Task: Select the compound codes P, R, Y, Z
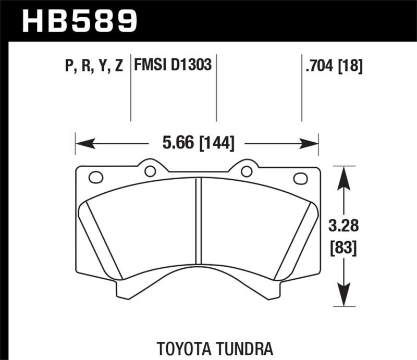click(94, 66)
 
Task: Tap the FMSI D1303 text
click(173, 66)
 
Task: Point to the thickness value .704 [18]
click(333, 66)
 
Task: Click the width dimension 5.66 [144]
click(198, 142)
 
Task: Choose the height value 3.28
click(342, 227)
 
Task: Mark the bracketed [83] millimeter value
click(342, 249)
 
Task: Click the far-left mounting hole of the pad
click(96, 177)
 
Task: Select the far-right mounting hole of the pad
click(301, 178)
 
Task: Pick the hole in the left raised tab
click(150, 171)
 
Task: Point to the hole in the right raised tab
click(247, 171)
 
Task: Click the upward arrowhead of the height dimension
click(342, 175)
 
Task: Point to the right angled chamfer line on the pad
click(295, 240)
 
